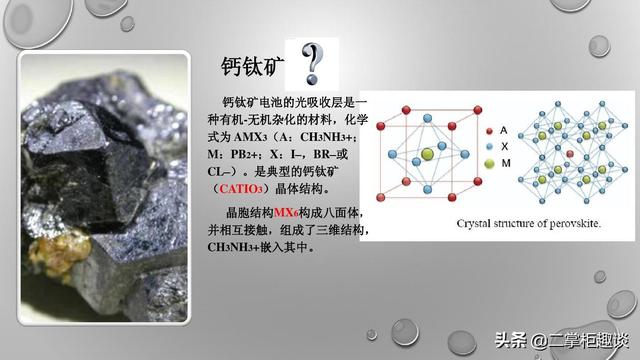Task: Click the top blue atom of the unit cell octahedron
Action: [427, 118]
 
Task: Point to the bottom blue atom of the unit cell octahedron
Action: [427, 189]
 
